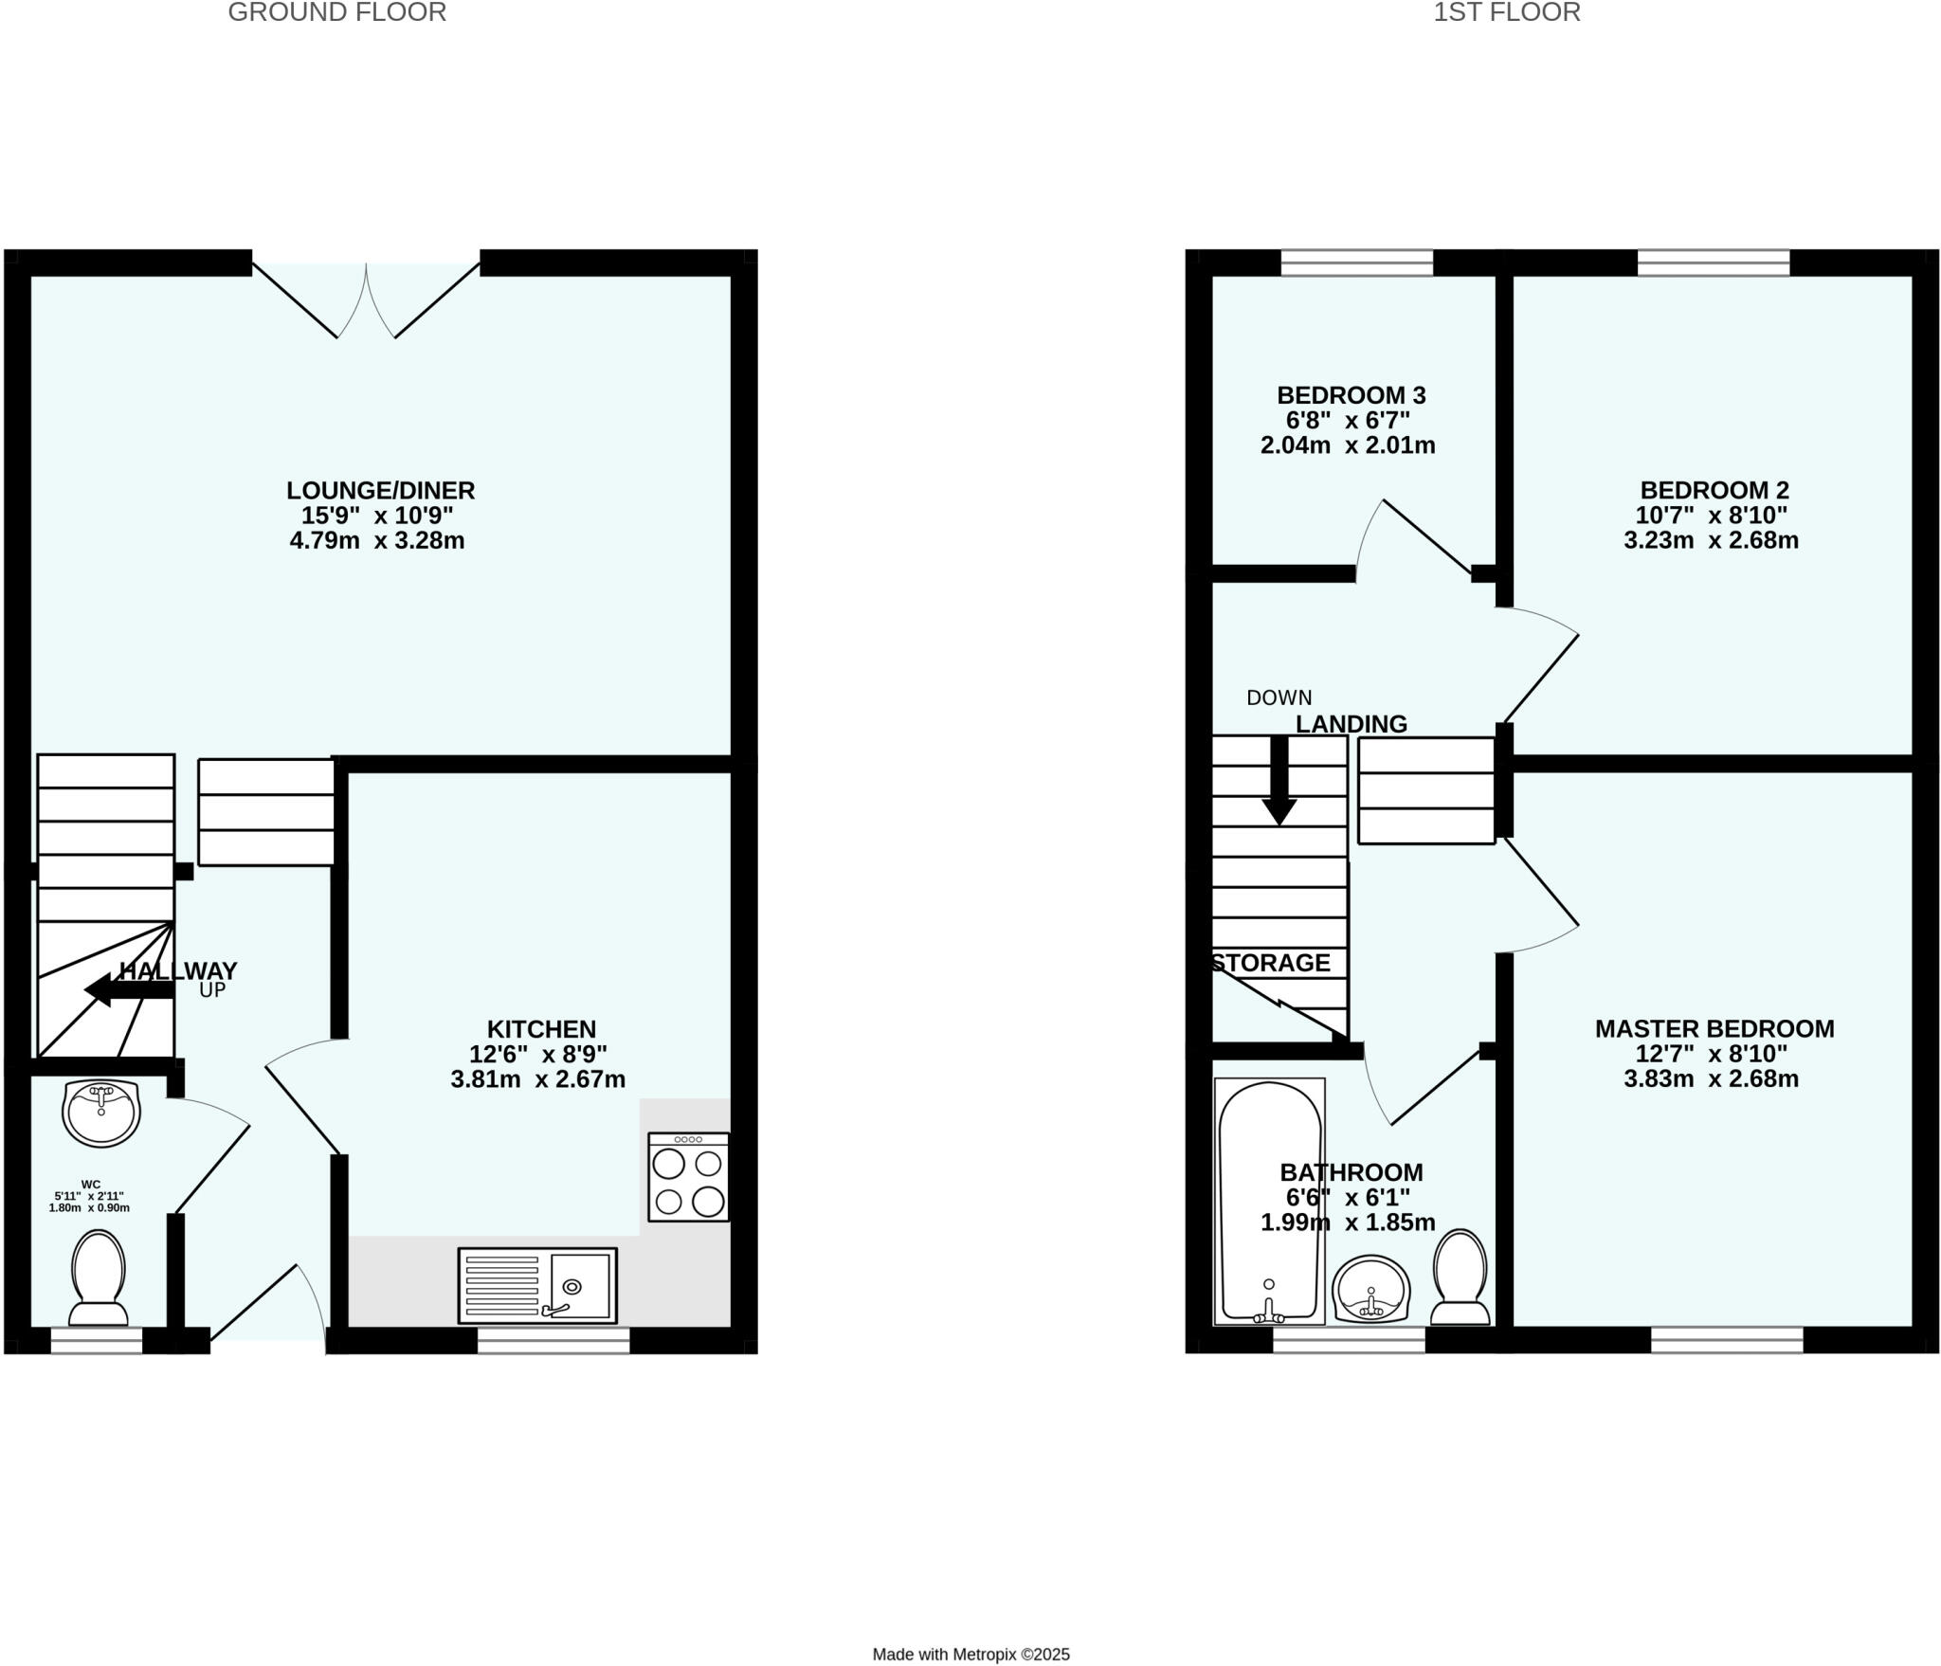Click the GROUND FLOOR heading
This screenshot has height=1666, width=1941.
336,12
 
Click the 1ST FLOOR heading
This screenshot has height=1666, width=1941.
1506,12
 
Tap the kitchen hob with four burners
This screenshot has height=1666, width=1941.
689,1176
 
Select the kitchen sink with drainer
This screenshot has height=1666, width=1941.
537,1284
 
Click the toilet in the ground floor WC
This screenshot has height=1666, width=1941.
99,1277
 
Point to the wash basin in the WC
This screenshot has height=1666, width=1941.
101,1113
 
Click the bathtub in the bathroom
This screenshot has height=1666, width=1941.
1269,1201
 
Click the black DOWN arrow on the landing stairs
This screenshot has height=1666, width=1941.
1279,781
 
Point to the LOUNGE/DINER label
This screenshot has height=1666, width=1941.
381,490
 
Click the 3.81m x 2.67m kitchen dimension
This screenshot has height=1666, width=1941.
537,1078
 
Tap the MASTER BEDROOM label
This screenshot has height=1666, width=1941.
1714,1028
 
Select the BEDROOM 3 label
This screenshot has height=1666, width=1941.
1351,395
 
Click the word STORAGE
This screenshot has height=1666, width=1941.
1272,963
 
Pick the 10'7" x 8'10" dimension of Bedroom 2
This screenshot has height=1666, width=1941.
1711,516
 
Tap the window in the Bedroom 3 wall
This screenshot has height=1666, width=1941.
1356,263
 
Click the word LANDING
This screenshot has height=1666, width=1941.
1351,724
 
